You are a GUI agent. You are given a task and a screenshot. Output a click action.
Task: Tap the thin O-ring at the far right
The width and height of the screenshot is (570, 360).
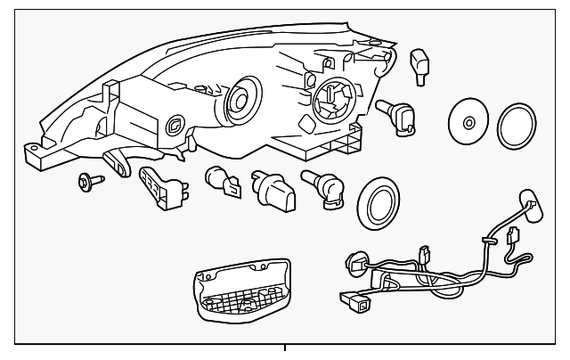tap(516, 125)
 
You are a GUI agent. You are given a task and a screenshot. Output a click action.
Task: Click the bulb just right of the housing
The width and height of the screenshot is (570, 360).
tap(397, 117)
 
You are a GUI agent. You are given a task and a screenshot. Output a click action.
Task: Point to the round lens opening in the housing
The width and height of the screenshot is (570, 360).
tap(240, 100)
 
